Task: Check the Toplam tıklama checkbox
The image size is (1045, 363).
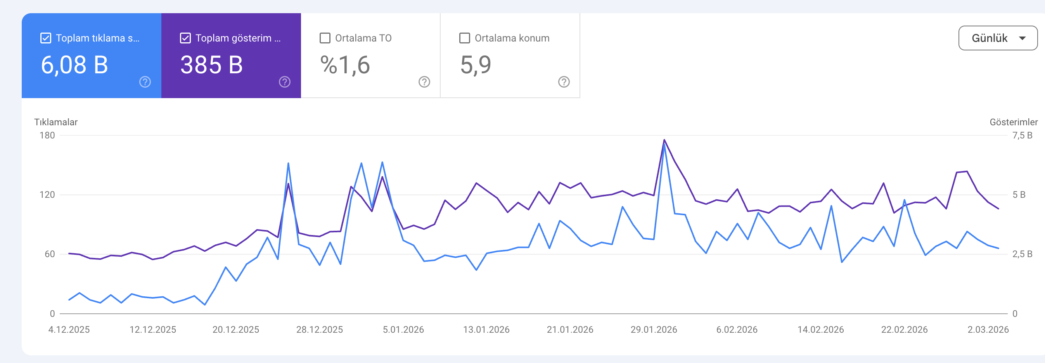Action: (46, 38)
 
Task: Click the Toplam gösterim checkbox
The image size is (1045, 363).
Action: (185, 38)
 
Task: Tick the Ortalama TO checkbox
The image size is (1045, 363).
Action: (325, 38)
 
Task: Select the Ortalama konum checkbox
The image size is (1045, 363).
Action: (464, 38)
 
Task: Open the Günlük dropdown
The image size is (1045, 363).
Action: (998, 38)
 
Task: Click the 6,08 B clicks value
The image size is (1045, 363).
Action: (74, 65)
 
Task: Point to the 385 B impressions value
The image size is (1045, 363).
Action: (211, 65)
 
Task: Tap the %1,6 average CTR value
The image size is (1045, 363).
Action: (345, 65)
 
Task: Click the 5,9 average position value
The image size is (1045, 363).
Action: (476, 65)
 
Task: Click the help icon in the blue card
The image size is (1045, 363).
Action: (145, 82)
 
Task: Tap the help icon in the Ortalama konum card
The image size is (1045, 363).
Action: (564, 82)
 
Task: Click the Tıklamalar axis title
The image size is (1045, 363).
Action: (55, 122)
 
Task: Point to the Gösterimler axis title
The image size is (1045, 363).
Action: (1013, 122)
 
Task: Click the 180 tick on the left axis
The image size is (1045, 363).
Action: (47, 135)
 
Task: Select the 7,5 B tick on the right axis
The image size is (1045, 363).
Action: (1022, 135)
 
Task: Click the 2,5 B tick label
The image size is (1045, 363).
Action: (1022, 254)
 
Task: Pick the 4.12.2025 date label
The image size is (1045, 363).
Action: (69, 330)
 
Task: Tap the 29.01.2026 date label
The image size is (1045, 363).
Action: (654, 330)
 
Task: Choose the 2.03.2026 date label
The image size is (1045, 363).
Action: (988, 330)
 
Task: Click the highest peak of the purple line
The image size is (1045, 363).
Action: (664, 140)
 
